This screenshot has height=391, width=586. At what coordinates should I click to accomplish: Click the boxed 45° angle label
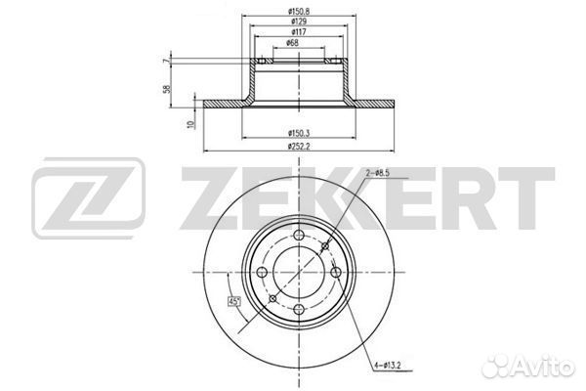pyautogui.click(x=234, y=300)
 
